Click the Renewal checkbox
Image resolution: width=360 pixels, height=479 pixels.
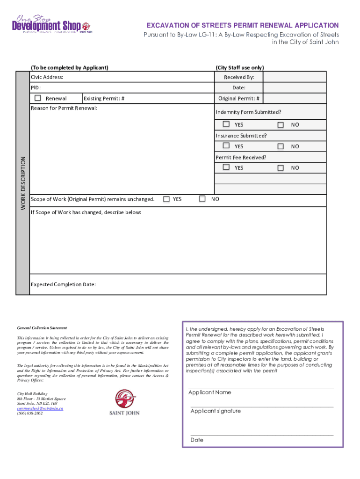pyautogui.click(x=38, y=98)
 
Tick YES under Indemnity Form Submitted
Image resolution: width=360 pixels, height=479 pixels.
pyautogui.click(x=226, y=124)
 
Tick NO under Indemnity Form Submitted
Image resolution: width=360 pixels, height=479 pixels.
pyautogui.click(x=280, y=125)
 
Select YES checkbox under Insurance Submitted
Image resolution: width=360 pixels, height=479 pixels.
pyautogui.click(x=226, y=146)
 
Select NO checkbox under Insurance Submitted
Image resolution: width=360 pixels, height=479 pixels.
pyautogui.click(x=280, y=146)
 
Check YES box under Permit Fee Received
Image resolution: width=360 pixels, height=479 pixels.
pyautogui.click(x=226, y=167)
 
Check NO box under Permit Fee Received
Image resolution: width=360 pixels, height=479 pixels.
pyautogui.click(x=280, y=167)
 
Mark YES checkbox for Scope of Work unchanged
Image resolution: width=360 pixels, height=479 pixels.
pyautogui.click(x=166, y=199)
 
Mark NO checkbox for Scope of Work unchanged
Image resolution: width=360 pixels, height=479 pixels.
pyautogui.click(x=202, y=199)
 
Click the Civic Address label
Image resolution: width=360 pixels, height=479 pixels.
pyautogui.click(x=47, y=77)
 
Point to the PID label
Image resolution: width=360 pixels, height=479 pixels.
pyautogui.click(x=36, y=87)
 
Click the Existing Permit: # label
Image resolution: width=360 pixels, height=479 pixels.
pyautogui.click(x=104, y=98)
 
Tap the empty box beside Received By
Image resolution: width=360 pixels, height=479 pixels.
pyautogui.click(x=295, y=77)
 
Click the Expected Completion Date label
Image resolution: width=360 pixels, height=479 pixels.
pyautogui.click(x=63, y=284)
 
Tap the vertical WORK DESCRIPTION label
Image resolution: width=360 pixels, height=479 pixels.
pyautogui.click(x=22, y=182)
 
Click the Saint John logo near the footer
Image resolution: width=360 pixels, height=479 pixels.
pyautogui.click(x=124, y=403)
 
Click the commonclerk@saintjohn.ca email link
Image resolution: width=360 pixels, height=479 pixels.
pyautogui.click(x=40, y=408)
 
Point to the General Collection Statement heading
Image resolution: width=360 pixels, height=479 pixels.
pyautogui.click(x=42, y=328)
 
